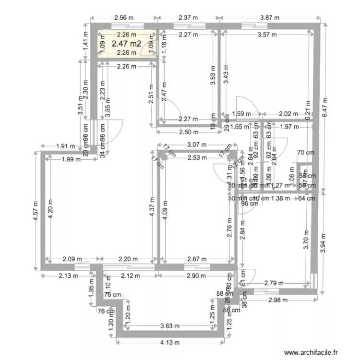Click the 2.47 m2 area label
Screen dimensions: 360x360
[x=127, y=44]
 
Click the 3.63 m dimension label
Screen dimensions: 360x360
[x=170, y=326]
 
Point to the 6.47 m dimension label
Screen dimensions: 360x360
[x=324, y=106]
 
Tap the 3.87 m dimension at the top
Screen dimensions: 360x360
[x=269, y=18]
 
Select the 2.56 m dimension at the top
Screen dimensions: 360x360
[x=123, y=18]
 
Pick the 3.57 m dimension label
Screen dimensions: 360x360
[x=267, y=35]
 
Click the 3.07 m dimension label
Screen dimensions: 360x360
[x=196, y=144]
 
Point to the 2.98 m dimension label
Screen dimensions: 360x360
[x=277, y=300]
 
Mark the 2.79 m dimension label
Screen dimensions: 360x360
[x=274, y=283]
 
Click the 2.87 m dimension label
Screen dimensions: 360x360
[x=195, y=259]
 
